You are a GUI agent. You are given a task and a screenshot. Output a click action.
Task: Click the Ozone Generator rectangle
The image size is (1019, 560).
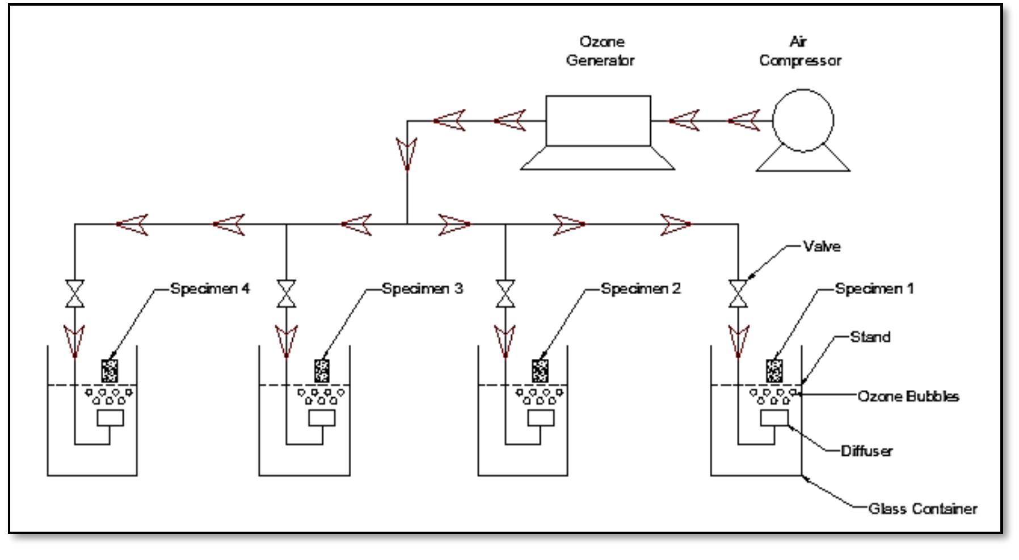pos(598,121)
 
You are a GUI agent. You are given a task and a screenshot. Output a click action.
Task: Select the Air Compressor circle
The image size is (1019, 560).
pos(803,120)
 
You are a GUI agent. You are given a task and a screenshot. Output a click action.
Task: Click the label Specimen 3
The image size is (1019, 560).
pos(422,289)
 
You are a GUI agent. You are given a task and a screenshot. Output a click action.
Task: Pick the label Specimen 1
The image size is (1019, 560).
pos(874,289)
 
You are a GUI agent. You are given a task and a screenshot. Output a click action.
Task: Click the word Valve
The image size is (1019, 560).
pos(822,246)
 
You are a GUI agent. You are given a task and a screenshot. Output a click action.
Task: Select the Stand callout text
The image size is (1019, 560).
pos(870,337)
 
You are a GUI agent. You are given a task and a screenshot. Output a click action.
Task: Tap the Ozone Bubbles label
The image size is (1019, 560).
pos(908,396)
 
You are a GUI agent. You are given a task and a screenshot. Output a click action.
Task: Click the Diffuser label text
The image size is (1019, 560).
pos(866,451)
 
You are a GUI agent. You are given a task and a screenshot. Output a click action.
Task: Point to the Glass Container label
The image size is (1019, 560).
pos(923,508)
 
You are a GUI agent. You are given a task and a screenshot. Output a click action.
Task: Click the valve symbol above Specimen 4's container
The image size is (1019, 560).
pos(75,294)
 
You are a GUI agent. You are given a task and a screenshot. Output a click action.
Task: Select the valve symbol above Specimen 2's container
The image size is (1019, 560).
pos(506,294)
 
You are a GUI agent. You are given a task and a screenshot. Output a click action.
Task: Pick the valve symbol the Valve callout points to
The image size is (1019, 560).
pos(738,294)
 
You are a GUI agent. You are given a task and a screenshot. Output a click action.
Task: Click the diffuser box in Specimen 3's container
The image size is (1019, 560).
pos(322,418)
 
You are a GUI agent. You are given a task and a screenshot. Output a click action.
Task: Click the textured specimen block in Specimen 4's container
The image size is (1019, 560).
pos(110,371)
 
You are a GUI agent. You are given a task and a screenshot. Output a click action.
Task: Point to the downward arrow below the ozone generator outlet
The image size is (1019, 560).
pos(407,153)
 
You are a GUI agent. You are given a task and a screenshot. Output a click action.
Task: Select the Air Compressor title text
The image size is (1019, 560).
pos(800,51)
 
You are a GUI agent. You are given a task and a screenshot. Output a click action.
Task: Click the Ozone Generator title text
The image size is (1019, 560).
pos(600,51)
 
